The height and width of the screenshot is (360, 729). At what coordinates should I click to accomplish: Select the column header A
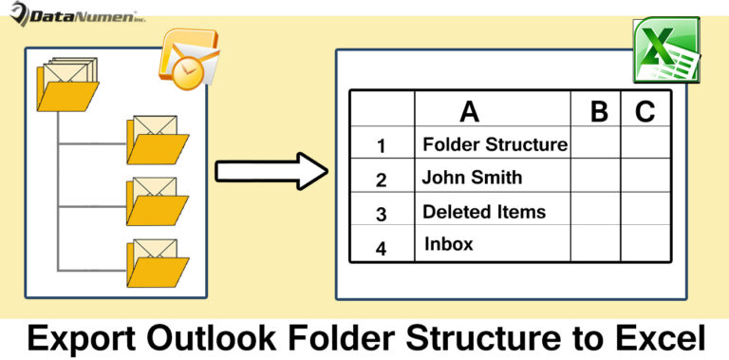[x=469, y=111]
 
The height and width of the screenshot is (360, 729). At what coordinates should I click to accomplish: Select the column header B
[x=598, y=111]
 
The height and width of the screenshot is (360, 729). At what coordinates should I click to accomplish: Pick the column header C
[x=645, y=111]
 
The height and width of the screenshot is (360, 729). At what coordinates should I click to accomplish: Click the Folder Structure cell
[x=495, y=144]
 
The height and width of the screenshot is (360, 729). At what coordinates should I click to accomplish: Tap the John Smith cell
[x=472, y=178]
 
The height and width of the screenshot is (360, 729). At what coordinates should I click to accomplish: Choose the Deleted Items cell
[x=484, y=211]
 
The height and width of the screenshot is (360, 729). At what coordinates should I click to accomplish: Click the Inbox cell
[x=449, y=244]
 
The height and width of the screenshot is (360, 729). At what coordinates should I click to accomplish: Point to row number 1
[x=382, y=146]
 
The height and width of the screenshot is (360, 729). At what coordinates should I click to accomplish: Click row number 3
[x=382, y=214]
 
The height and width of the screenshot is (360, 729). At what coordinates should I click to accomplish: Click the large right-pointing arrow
[x=271, y=172]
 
